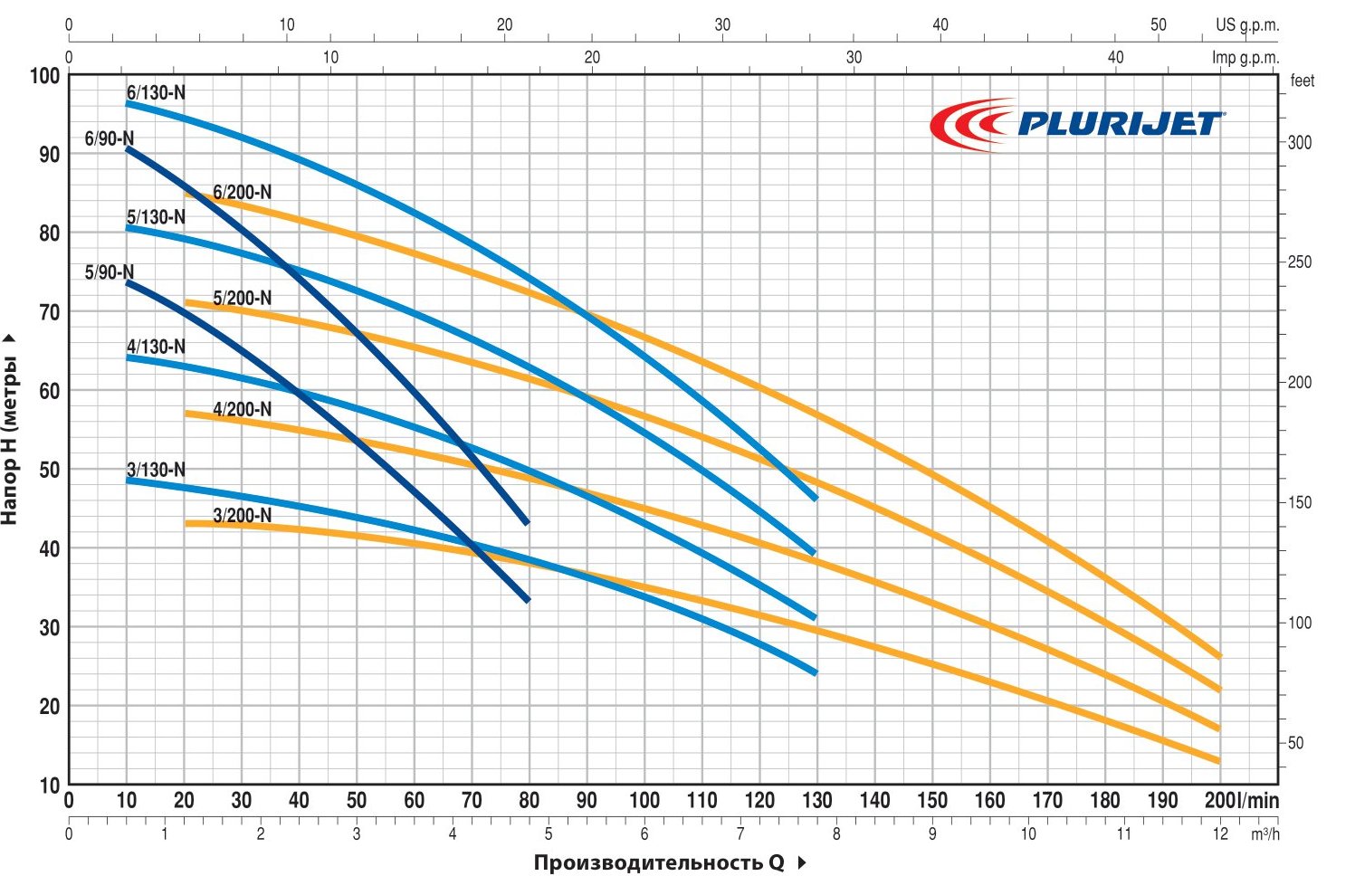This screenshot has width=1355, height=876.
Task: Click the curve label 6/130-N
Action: (156, 92)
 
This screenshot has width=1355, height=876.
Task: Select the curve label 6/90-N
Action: (110, 138)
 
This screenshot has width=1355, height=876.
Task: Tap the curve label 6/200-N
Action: (242, 192)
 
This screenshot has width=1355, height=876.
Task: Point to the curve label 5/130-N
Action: (156, 217)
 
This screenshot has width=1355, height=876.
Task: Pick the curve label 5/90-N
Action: (110, 272)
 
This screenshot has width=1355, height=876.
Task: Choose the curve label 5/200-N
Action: (242, 298)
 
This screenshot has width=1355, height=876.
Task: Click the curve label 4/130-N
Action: (156, 347)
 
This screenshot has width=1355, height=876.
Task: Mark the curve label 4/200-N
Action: (242, 409)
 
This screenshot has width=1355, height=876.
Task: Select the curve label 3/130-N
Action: (156, 470)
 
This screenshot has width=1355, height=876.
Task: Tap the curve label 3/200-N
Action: (242, 516)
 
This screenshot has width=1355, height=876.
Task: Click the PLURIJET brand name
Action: (1120, 123)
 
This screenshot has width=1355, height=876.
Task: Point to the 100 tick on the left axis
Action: (45, 75)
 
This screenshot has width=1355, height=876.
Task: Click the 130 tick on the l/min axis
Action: (817, 800)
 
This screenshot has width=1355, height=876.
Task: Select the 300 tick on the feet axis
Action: (1299, 143)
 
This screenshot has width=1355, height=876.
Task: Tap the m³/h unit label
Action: (1264, 833)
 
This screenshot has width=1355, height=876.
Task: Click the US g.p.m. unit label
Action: (1247, 25)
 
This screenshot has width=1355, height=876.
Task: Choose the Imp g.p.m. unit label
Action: (1245, 58)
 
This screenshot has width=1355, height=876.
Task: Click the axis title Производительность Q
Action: (659, 862)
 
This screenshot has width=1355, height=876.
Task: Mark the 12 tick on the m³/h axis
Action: (1221, 833)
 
